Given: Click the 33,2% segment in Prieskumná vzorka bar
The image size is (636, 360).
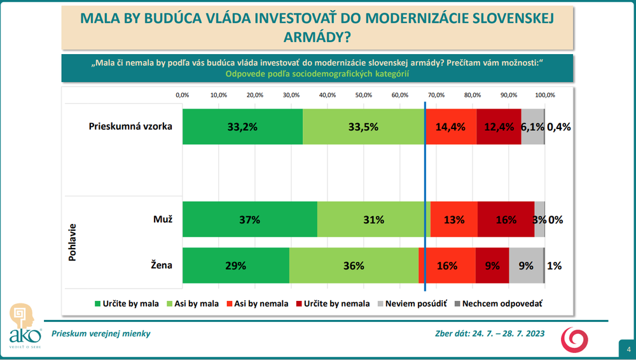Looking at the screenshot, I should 242,127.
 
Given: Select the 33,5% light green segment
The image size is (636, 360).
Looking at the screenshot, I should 363,127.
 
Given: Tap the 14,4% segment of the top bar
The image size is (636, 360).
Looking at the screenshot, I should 450,127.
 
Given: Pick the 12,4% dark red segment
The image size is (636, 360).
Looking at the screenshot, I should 499,127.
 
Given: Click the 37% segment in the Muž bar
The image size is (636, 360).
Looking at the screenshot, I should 249,219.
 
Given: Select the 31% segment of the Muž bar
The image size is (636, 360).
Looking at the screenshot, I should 373,219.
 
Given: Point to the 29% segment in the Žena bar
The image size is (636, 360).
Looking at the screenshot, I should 235,266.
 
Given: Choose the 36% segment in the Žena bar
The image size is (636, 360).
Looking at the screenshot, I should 354,266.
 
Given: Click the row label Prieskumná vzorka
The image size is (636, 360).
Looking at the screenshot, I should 130,125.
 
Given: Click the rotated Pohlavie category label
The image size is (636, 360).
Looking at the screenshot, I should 72,242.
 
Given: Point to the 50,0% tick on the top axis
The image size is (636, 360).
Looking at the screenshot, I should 364,95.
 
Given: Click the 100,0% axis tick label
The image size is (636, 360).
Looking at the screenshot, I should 545,95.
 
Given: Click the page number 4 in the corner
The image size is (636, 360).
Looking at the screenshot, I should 627,349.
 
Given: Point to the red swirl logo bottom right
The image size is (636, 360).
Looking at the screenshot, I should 574,339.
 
